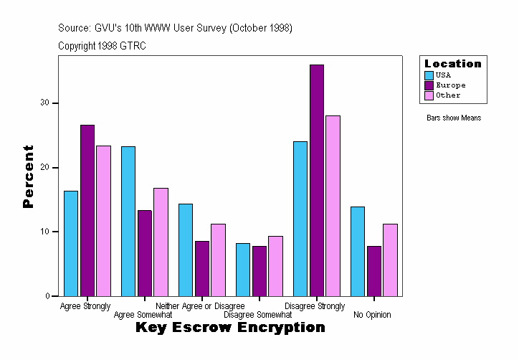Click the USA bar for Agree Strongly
tap(71, 244)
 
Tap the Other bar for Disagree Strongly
tap(333, 206)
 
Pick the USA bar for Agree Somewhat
tap(128, 222)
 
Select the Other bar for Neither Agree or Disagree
tap(218, 260)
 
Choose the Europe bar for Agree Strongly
tap(87, 211)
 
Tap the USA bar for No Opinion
tap(358, 252)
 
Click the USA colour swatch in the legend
tap(429, 75)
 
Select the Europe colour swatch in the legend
tap(429, 85)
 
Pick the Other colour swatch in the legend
tap(429, 95)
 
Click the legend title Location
tap(453, 64)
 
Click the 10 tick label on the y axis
tap(45, 232)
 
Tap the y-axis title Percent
tap(28, 176)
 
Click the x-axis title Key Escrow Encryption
tap(230, 328)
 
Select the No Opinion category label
tap(372, 315)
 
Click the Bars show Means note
tap(454, 118)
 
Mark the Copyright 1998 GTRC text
tap(102, 46)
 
